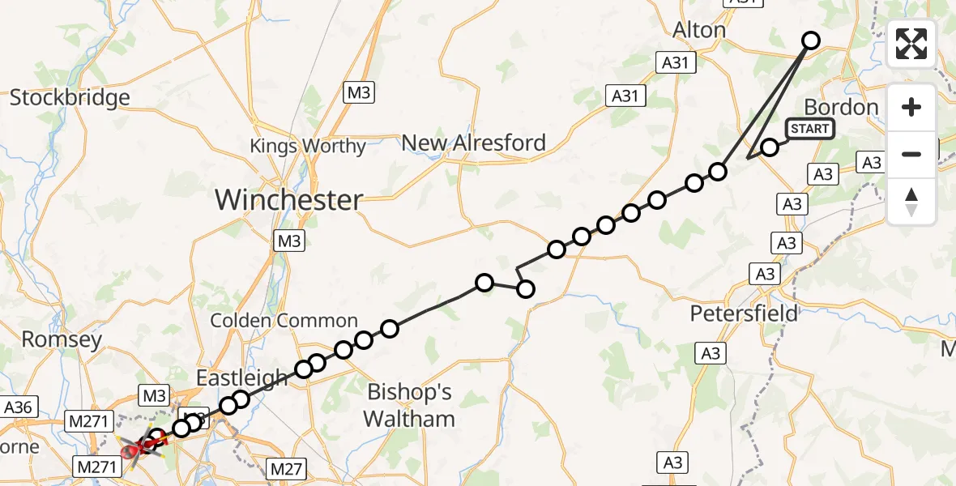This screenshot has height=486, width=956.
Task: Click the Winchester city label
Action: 288,199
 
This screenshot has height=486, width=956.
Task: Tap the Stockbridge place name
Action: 70,98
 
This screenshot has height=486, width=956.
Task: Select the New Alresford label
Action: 474,143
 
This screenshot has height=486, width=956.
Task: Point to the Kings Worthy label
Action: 308,147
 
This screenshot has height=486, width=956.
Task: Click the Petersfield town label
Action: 744,313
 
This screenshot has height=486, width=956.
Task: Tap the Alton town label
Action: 699,31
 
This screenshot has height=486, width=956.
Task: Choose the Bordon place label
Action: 841,108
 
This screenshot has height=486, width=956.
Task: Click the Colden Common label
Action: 284,321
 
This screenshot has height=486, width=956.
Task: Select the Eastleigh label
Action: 242,377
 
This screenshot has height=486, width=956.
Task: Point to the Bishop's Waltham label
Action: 409,405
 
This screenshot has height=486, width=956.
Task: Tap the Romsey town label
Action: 62,339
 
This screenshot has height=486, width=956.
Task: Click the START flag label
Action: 809,129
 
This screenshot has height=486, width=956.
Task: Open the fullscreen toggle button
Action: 911,44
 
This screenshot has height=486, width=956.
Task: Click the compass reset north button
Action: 911,202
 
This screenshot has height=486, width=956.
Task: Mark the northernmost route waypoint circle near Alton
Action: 810,40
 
